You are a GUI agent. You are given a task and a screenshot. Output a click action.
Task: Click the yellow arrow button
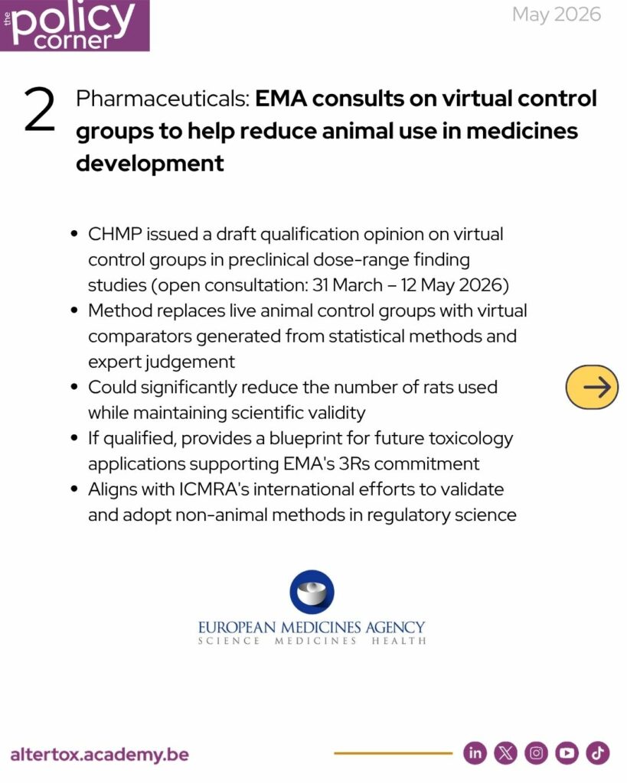tap(592, 387)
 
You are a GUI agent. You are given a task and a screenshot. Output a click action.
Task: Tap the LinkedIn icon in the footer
tap(475, 752)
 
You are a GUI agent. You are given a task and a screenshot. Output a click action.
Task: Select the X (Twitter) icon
tap(505, 752)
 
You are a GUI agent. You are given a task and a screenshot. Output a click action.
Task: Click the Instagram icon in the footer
tap(536, 752)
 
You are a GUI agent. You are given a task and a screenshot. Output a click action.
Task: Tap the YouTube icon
tap(567, 752)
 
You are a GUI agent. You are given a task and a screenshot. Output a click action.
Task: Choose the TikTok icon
tap(597, 752)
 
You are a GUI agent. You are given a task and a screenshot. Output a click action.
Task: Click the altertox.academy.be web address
tap(100, 754)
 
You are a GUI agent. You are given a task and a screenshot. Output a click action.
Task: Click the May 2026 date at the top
tap(557, 15)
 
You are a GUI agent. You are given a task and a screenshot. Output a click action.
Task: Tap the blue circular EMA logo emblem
tap(312, 593)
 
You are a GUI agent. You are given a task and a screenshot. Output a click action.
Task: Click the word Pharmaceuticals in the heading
tap(162, 99)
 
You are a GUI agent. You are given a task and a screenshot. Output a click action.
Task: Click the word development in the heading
tap(150, 164)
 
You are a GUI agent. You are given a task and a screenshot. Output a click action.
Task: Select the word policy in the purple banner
tap(73, 20)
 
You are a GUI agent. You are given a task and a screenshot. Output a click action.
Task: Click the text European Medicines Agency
tap(312, 627)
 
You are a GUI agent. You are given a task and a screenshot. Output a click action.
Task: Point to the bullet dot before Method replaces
tap(75, 310)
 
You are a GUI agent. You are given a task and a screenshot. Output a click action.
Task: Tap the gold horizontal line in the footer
tap(393, 753)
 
